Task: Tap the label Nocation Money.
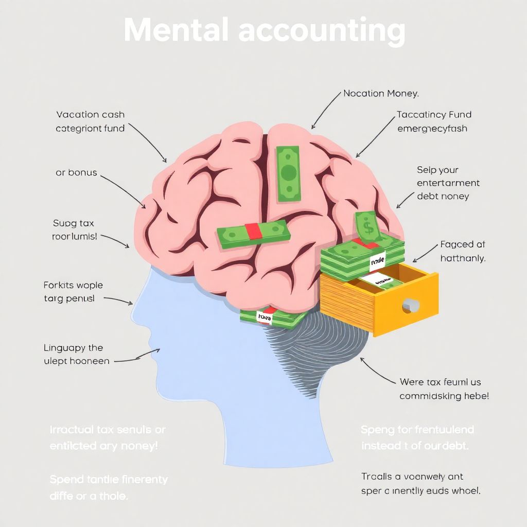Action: [x=381, y=94]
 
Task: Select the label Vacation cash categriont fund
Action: [x=90, y=121]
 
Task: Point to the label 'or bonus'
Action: [x=76, y=172]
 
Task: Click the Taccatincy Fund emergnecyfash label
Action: [x=434, y=121]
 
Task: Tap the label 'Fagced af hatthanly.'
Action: [x=463, y=251]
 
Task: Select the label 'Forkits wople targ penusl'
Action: [x=73, y=291]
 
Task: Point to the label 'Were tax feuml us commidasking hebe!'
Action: [x=444, y=389]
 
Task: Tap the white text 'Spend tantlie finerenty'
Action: [x=109, y=480]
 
